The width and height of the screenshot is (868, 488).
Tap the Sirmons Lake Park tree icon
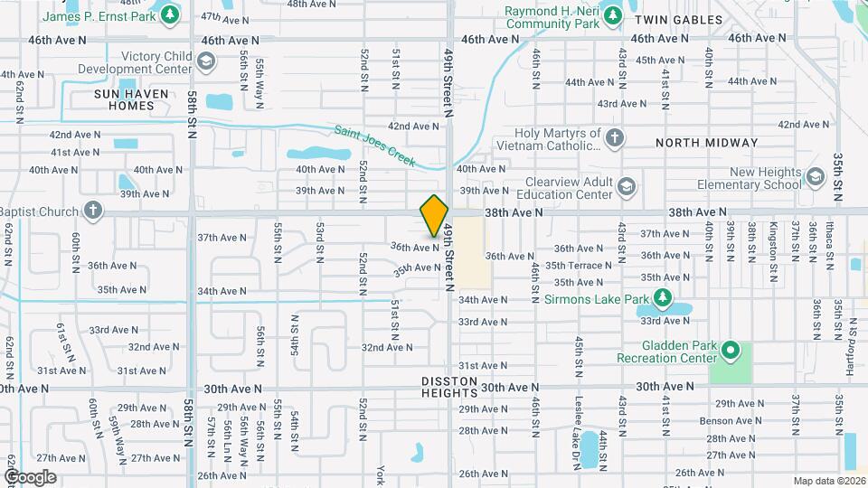pyautogui.click(x=663, y=297)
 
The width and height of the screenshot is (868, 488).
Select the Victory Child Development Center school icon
pyautogui.click(x=206, y=61)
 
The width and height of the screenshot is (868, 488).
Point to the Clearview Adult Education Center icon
pyautogui.click(x=627, y=187)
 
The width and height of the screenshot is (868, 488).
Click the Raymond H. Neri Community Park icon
pyautogui.click(x=613, y=15)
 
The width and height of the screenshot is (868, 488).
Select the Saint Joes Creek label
pyautogui.click(x=374, y=145)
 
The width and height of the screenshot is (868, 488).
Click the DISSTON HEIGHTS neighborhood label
pyautogui.click(x=449, y=387)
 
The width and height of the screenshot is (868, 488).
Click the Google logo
pyautogui.click(x=29, y=476)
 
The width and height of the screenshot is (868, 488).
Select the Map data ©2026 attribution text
pyautogui.click(x=828, y=481)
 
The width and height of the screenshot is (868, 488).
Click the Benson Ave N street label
pyautogui.click(x=740, y=420)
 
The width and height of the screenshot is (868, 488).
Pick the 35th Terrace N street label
pyautogui.click(x=580, y=266)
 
